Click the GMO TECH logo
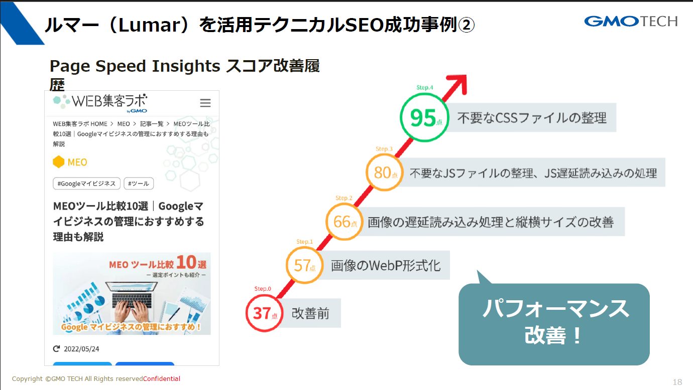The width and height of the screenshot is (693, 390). (631, 22)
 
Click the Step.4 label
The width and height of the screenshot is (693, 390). (424, 88)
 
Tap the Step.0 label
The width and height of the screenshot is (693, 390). (263, 289)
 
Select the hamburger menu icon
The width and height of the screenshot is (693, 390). (205, 103)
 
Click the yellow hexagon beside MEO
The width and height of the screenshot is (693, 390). (58, 162)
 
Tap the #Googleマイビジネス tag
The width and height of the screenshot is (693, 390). (86, 183)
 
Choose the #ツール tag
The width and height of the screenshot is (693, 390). (139, 183)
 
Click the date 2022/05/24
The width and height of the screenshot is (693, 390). (81, 349)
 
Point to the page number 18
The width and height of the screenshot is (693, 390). (677, 382)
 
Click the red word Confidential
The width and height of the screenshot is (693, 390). (162, 379)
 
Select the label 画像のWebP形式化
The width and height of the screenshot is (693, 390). (386, 266)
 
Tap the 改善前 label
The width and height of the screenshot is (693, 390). (310, 313)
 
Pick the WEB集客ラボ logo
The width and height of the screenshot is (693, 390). (100, 102)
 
